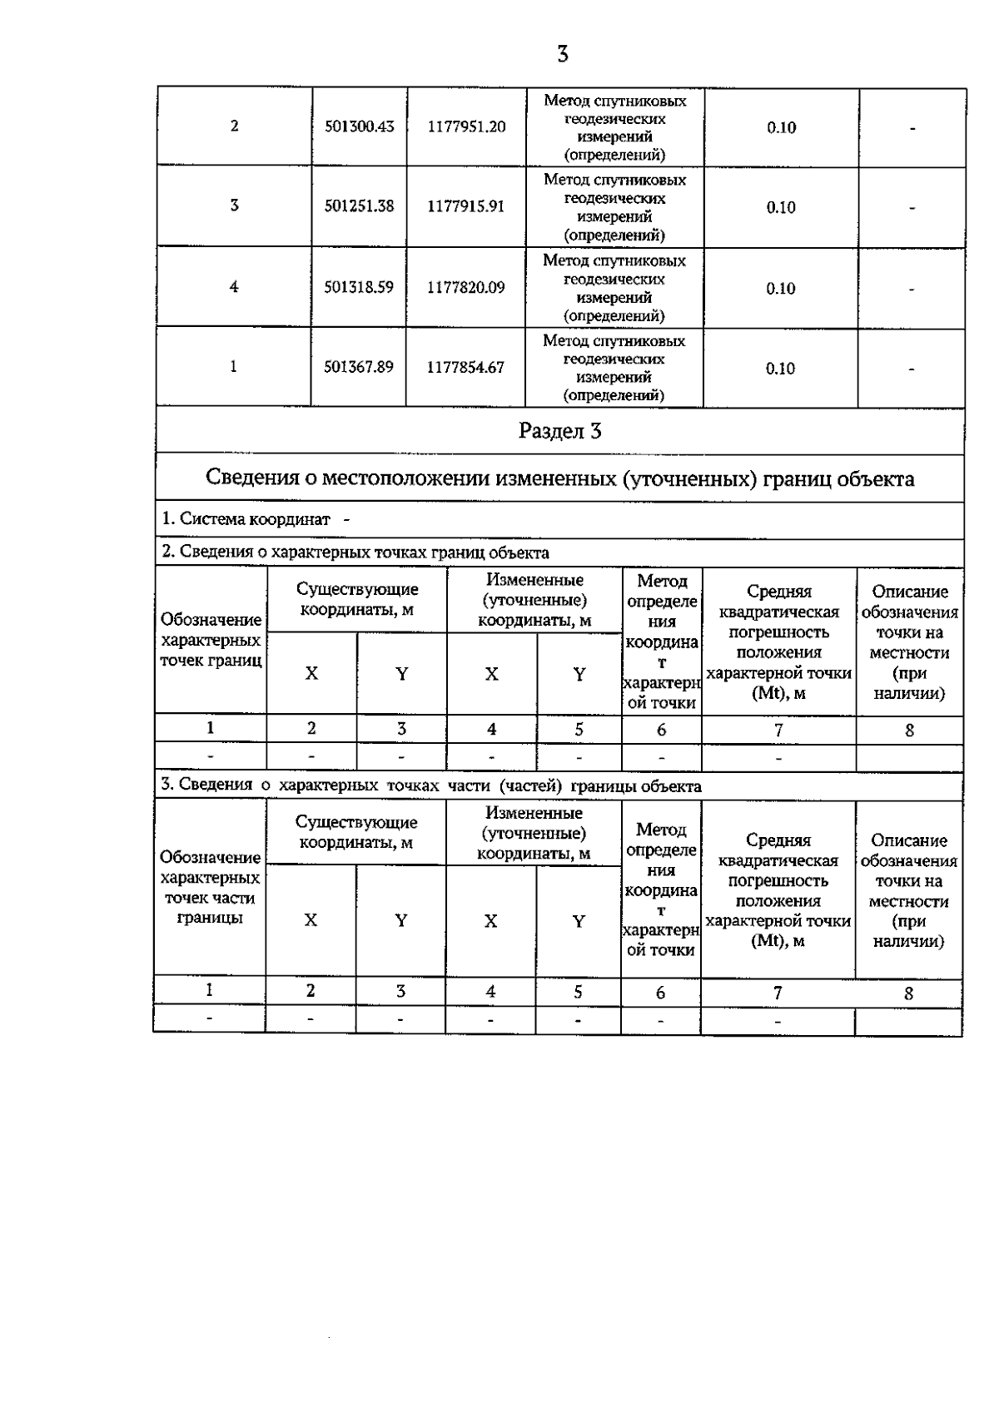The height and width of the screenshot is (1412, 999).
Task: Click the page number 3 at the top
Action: [563, 55]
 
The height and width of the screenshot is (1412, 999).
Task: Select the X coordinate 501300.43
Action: [359, 126]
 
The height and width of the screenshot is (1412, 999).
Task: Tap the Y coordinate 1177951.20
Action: [466, 126]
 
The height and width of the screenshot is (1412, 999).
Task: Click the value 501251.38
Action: [359, 206]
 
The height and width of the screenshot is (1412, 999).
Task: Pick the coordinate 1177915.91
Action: [466, 206]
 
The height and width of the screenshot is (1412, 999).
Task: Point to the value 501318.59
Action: [359, 287]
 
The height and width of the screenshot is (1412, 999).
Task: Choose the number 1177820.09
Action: [466, 287]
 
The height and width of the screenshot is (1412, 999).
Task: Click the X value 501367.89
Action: [359, 367]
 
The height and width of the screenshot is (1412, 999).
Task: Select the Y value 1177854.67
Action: [466, 367]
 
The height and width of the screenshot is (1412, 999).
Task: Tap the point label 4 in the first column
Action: [234, 286]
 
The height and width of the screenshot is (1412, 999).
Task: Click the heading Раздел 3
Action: [559, 431]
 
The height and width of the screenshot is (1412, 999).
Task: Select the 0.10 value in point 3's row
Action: [781, 207]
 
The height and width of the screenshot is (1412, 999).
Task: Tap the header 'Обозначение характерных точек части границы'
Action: [210, 887]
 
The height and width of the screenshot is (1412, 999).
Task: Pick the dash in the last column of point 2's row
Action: [912, 128]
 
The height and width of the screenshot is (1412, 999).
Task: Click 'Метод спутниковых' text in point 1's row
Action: [614, 341]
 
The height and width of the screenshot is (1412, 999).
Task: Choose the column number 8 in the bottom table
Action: [908, 993]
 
